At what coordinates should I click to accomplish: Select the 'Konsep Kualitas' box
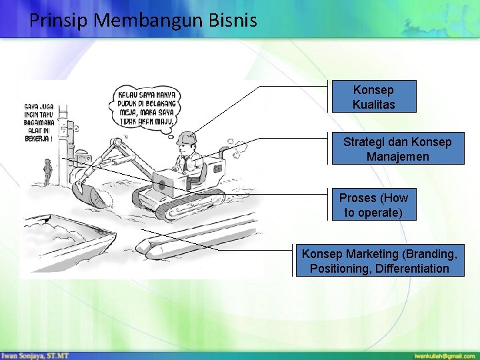pyautogui.click(x=373, y=97)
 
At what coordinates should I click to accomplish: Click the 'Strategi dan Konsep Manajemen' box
pyautogui.click(x=397, y=149)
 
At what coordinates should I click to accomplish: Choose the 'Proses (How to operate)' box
pyautogui.click(x=373, y=205)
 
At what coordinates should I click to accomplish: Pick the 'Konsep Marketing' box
pyautogui.click(x=379, y=261)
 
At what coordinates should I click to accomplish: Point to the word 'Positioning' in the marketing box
pyautogui.click(x=339, y=269)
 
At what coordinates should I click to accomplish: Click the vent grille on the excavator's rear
pyautogui.click(x=217, y=169)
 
